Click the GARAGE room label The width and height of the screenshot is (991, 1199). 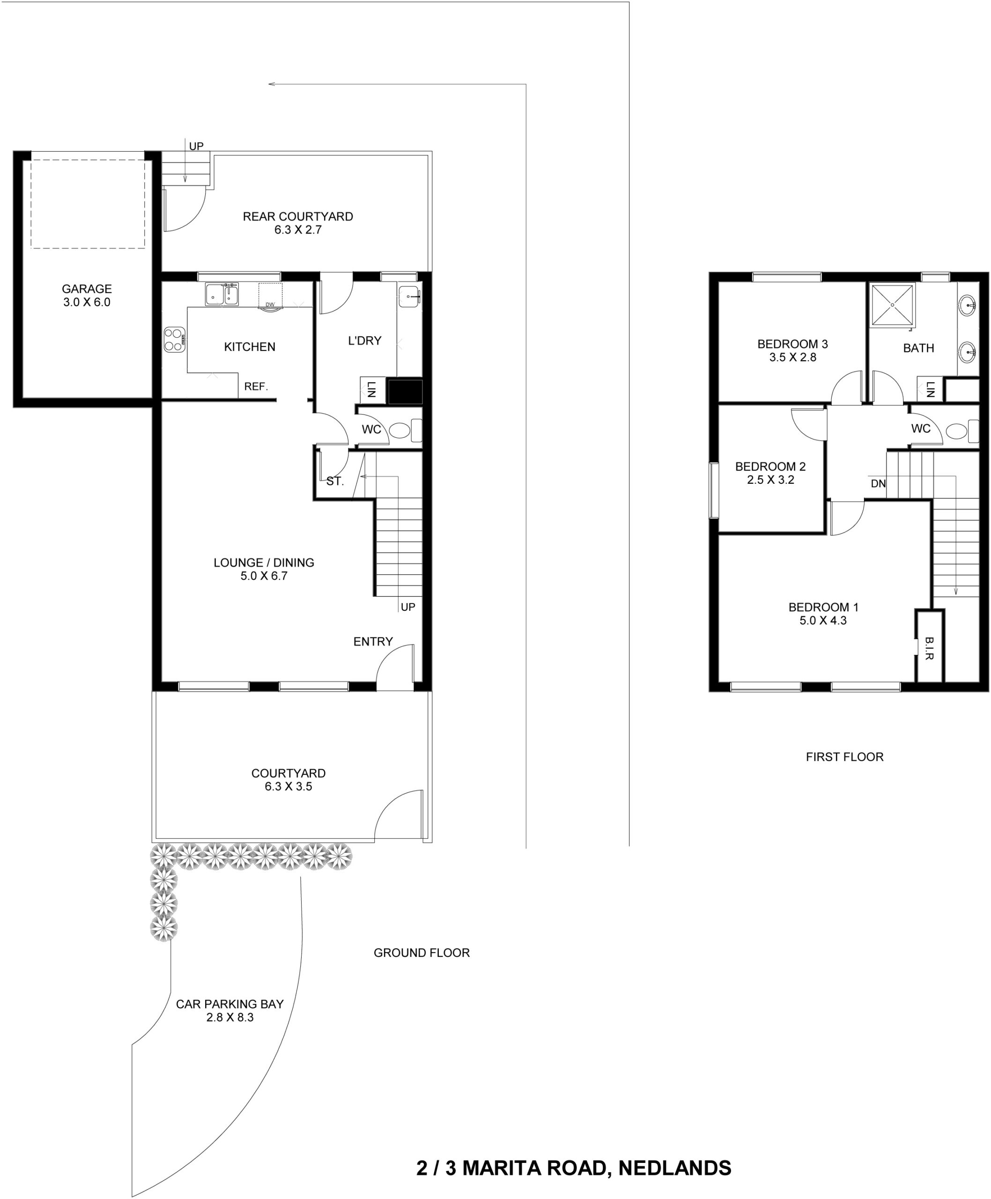87,289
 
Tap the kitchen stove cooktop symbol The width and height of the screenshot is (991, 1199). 174,340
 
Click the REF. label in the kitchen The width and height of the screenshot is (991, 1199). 256,386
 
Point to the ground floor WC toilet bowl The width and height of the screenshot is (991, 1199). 399,430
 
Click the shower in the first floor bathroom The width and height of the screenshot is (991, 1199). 892,305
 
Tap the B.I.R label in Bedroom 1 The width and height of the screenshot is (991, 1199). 929,648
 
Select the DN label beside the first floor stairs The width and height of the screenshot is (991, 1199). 878,484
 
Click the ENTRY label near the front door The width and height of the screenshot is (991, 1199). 373,642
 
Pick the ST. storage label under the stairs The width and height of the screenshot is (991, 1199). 335,481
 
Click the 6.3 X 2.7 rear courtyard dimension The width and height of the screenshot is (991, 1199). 298,229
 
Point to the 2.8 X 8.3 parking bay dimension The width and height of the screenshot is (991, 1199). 229,1017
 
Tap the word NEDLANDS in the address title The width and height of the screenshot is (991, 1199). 675,1168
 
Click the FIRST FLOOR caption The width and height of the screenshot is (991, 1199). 844,757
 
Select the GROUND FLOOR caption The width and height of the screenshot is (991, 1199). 422,953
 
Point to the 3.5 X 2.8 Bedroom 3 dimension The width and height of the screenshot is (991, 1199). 792,357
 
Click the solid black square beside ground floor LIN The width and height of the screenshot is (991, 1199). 405,392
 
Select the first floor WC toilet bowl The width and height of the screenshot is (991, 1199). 957,431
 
